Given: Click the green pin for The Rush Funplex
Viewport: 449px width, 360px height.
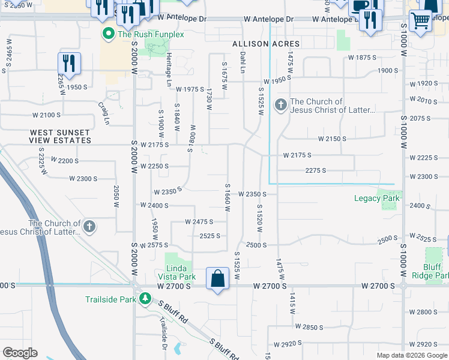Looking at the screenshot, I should pyautogui.click(x=109, y=34).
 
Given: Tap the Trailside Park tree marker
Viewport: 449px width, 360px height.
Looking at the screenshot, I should pyautogui.click(x=144, y=298).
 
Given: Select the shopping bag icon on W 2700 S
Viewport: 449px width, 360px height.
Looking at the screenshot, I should pyautogui.click(x=217, y=279).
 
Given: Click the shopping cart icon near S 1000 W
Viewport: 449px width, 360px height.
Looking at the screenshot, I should pyautogui.click(x=420, y=20).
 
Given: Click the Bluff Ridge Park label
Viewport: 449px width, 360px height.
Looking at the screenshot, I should pyautogui.click(x=432, y=271).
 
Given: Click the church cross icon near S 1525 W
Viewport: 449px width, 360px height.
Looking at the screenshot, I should pyautogui.click(x=280, y=106).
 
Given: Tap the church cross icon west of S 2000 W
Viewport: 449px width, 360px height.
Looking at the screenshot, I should pyautogui.click(x=89, y=227).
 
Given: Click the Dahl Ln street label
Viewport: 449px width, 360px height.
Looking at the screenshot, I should pyautogui.click(x=243, y=62).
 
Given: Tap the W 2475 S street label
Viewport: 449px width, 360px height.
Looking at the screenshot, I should pyautogui.click(x=199, y=222).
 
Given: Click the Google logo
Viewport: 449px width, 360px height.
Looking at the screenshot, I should pyautogui.click(x=20, y=353).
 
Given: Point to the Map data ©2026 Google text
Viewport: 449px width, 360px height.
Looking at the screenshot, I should pyautogui.click(x=411, y=355).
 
